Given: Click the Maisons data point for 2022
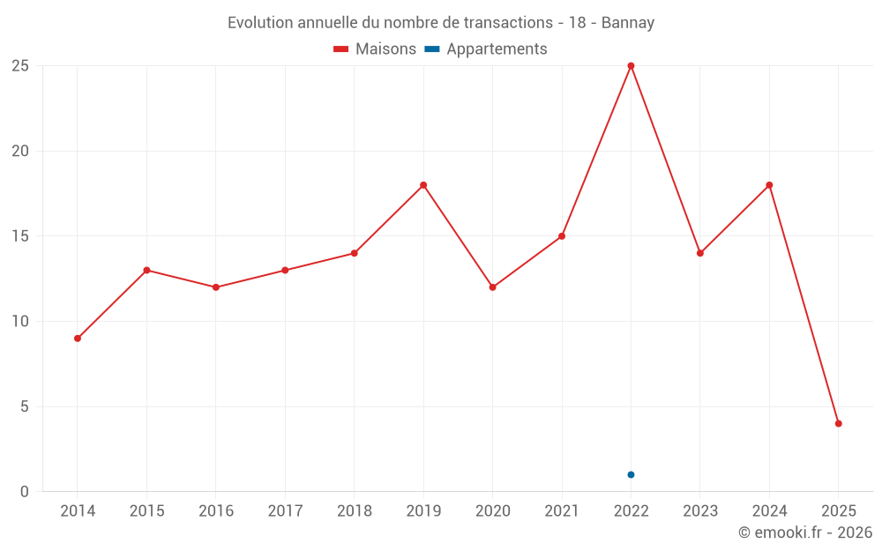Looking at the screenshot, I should (x=631, y=66).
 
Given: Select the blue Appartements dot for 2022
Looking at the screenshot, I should (x=631, y=474).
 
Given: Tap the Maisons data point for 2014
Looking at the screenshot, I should (x=78, y=339).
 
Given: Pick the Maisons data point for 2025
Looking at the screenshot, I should (x=838, y=423).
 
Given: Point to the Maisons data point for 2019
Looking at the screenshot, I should (x=423, y=185).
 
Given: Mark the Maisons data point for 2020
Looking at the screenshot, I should (x=492, y=287).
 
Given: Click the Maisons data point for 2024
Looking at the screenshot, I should (x=769, y=185).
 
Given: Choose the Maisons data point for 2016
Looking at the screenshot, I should (x=216, y=287).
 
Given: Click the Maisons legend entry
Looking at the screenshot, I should (x=375, y=49).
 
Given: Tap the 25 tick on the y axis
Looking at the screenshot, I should (x=20, y=66).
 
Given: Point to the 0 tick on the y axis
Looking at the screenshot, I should (x=25, y=492).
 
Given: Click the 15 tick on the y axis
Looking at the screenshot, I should (x=20, y=236).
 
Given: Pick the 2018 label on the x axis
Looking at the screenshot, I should (x=354, y=511).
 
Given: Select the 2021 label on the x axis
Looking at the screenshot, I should (x=562, y=511).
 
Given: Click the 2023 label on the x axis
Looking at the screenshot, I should (x=699, y=511).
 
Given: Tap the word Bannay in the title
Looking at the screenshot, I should (x=627, y=23).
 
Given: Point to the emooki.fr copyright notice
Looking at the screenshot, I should (x=804, y=532).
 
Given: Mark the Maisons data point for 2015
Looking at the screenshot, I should (x=146, y=270).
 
